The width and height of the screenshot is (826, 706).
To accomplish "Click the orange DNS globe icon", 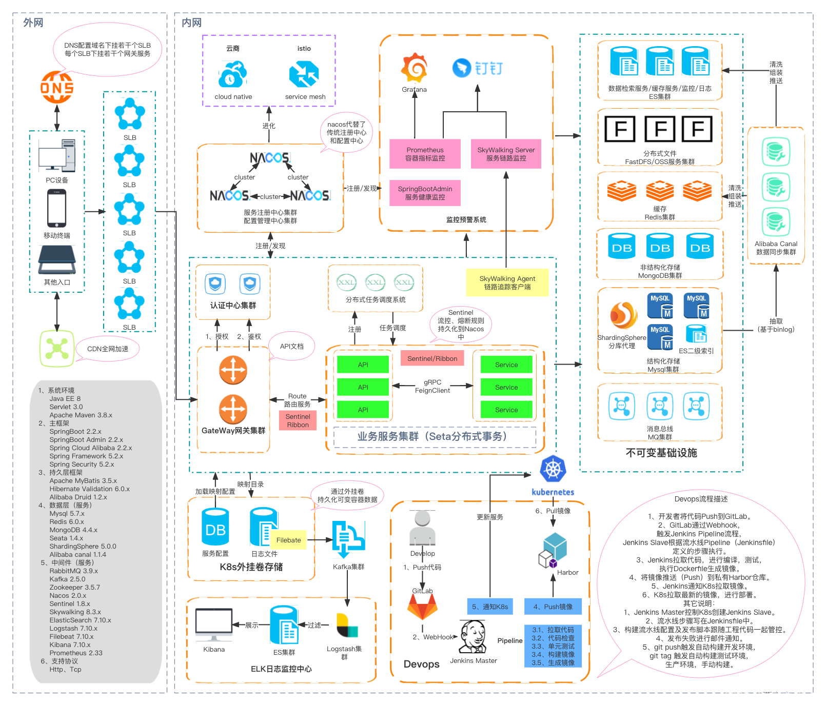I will click(x=57, y=87).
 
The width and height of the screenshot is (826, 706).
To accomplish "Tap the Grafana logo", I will click(x=414, y=68).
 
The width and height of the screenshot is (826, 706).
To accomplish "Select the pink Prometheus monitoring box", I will click(x=425, y=154).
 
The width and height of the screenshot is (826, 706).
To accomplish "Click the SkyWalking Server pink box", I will click(x=506, y=154).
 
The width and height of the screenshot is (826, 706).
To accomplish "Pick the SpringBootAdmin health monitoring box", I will click(x=425, y=193).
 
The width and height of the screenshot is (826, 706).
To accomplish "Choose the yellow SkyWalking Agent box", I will click(x=507, y=283).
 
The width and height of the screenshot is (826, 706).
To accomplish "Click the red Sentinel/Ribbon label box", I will click(x=432, y=358).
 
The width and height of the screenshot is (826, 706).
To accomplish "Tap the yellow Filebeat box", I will click(x=289, y=540).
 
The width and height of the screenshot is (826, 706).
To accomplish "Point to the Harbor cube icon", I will click(x=553, y=550).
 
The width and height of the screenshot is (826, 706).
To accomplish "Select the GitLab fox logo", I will click(x=422, y=607).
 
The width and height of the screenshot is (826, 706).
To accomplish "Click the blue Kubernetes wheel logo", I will click(x=553, y=469).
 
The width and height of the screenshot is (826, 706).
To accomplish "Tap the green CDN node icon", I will click(x=57, y=349).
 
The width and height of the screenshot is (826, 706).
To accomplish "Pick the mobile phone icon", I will click(x=56, y=208).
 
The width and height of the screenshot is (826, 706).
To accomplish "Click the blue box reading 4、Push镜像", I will click(x=553, y=607).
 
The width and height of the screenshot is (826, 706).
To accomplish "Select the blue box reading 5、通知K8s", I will click(x=489, y=607).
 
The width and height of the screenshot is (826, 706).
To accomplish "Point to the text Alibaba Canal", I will click(x=776, y=244).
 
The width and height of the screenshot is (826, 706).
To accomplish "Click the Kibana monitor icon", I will click(x=213, y=624).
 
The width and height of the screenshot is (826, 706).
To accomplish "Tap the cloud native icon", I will click(x=233, y=75).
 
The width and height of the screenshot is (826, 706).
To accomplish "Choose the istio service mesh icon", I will click(x=304, y=75).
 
